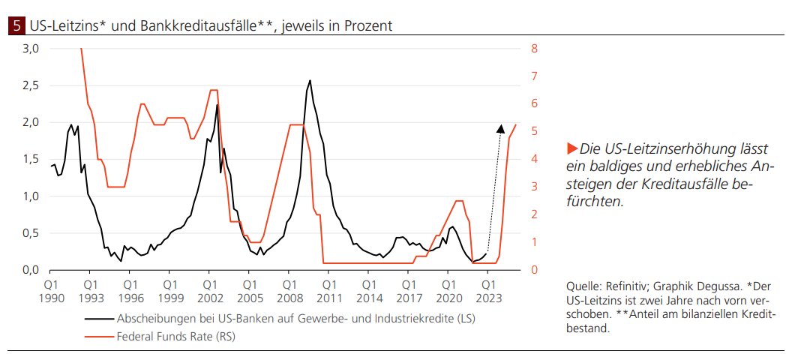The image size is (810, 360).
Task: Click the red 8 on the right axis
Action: [534, 49]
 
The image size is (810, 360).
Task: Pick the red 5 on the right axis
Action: [534, 131]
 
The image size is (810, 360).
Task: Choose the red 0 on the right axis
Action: [534, 269]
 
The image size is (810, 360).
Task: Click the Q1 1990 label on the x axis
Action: [51, 291]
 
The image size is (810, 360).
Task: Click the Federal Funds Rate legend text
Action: [176, 337]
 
